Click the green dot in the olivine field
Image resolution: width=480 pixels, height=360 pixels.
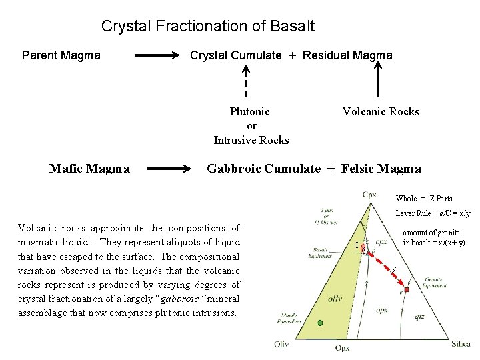coord(320,323)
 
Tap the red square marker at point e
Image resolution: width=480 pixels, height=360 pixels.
coord(406,289)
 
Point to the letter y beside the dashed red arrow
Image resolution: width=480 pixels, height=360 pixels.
coord(393,269)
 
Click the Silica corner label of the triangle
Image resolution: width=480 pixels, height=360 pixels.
coord(460,344)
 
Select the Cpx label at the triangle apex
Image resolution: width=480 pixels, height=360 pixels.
coord(369,195)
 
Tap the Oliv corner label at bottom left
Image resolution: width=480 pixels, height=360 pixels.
coord(281,344)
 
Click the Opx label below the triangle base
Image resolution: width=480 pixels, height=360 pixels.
coord(343,348)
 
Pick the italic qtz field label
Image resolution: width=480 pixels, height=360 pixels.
coord(419,317)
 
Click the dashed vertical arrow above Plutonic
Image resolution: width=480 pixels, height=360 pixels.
coord(246,85)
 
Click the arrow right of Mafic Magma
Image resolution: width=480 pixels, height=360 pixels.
coord(168,169)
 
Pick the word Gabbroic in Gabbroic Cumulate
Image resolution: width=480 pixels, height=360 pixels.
coord(235,169)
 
